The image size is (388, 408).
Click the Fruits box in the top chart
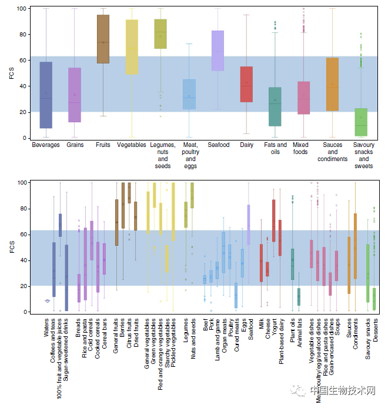(x=103, y=39)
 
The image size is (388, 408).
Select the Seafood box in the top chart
(x=218, y=51)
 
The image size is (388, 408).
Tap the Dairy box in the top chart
(x=246, y=84)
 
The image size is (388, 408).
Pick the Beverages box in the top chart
(x=46, y=95)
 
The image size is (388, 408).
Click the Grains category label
(x=75, y=145)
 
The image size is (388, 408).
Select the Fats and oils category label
(x=275, y=148)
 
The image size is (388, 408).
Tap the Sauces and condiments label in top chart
(x=332, y=152)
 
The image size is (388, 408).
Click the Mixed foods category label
(x=300, y=148)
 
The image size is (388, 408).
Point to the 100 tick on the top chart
(x=20, y=9)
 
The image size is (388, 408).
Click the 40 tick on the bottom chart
(x=22, y=260)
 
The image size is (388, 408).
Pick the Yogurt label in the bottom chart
(x=274, y=330)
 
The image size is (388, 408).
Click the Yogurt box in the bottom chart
(x=274, y=220)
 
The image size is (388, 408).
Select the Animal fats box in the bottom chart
(x=299, y=296)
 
